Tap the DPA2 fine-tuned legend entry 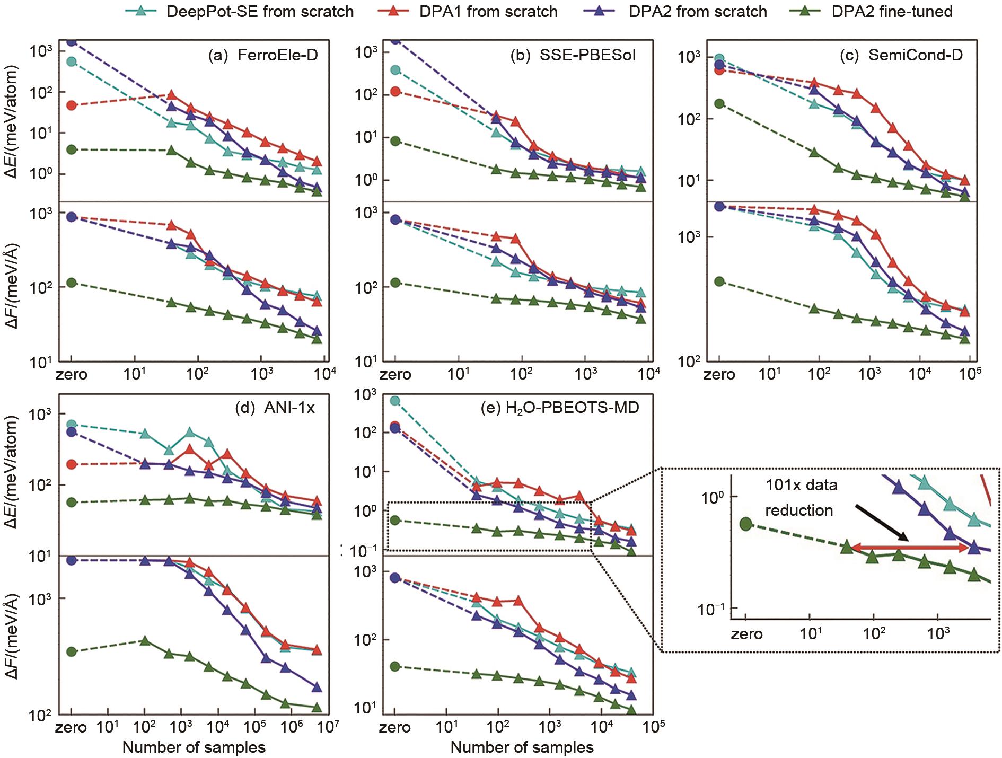coord(869,11)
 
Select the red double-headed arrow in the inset coord(910,548)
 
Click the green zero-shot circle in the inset coord(746,524)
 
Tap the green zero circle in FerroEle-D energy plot coord(71,149)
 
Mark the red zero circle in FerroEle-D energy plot coord(71,105)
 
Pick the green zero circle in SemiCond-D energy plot coord(719,103)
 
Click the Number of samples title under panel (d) coord(194,747)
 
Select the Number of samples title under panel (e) coord(522,747)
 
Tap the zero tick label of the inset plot coord(746,634)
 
